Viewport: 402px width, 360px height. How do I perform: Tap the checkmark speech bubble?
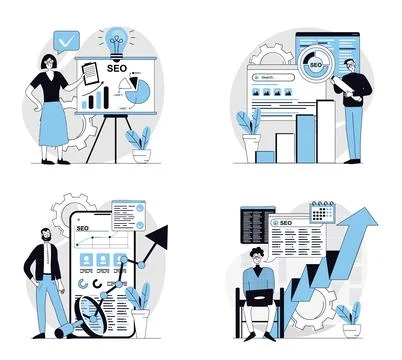coord(66,43)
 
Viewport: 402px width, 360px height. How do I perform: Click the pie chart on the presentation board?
coord(139,92)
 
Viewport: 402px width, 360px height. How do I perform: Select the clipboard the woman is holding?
coord(88,72)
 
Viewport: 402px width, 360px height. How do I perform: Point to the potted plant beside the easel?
coord(141,143)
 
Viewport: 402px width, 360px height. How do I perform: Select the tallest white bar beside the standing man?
coord(326,129)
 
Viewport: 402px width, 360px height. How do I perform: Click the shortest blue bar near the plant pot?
coord(265,155)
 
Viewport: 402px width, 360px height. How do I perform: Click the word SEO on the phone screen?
coord(84,229)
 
